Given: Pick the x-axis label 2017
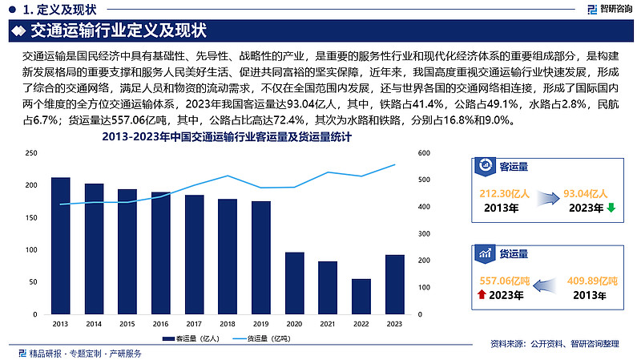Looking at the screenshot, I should [195, 323].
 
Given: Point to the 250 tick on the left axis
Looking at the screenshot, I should [30, 153].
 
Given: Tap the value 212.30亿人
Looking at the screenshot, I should [500, 193].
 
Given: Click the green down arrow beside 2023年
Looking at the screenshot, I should [611, 208].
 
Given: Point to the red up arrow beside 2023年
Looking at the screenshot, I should [481, 295].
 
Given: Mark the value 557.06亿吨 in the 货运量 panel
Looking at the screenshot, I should [502, 281].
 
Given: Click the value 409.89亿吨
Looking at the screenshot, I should [592, 281].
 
